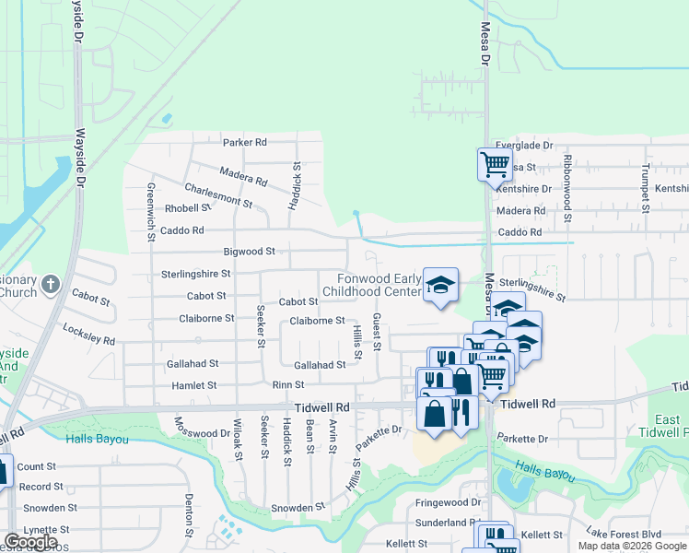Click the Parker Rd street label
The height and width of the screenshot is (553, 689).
pyautogui.click(x=244, y=142)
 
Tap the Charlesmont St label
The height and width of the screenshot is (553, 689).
pyautogui.click(x=218, y=194)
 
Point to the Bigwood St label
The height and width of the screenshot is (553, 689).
pyautogui.click(x=250, y=251)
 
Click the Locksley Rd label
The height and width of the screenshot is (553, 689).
pyautogui.click(x=88, y=334)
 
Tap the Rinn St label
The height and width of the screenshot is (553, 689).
pyautogui.click(x=288, y=384)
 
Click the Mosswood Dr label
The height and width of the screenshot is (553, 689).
pyautogui.click(x=202, y=427)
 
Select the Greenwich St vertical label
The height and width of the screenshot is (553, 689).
pyautogui.click(x=151, y=212)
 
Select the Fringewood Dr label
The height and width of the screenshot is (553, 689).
pyautogui.click(x=449, y=503)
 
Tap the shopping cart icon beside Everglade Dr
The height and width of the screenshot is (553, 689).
pyautogui.click(x=495, y=165)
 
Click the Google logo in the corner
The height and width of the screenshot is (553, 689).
pyautogui.click(x=30, y=542)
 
